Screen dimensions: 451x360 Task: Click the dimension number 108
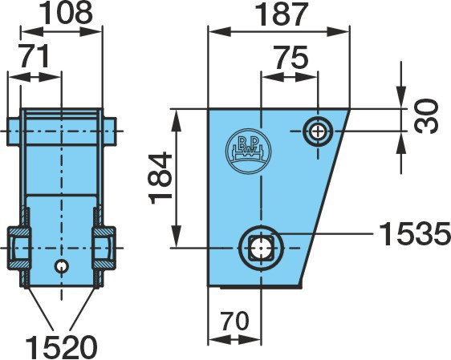pos(66,13)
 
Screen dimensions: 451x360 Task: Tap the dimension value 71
pos(35,56)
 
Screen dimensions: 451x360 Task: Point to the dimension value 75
pos(291,57)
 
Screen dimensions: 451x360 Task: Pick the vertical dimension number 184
pos(160,178)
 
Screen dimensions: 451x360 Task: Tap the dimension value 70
pos(234,321)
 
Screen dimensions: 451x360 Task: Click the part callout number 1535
pos(415,233)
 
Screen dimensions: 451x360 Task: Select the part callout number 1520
pos(61,346)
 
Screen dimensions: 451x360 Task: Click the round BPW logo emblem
pos(249,152)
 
